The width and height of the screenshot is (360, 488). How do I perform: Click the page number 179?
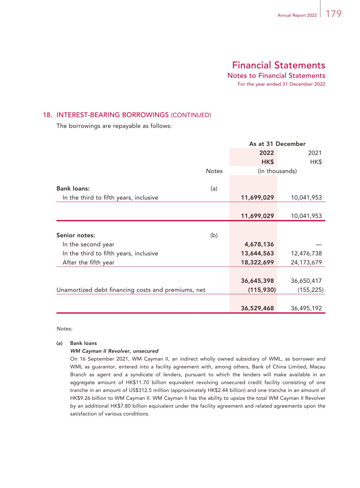click(x=334, y=14)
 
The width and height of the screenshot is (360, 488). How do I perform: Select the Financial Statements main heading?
click(x=278, y=65)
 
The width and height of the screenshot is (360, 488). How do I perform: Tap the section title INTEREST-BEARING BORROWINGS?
click(x=112, y=115)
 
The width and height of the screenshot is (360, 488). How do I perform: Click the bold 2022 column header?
click(x=267, y=153)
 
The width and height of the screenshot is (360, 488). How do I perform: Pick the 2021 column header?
click(x=315, y=153)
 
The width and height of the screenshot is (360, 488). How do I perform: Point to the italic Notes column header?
click(x=214, y=171)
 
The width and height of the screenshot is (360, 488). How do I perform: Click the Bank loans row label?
click(x=73, y=188)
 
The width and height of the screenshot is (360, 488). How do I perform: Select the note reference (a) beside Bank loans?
click(x=214, y=188)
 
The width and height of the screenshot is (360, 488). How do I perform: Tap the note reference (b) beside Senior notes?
click(x=214, y=235)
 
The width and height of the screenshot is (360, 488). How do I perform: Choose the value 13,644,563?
click(x=257, y=253)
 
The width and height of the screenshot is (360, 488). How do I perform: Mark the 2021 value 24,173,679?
click(x=306, y=262)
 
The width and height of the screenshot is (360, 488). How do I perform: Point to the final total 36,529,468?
click(x=257, y=308)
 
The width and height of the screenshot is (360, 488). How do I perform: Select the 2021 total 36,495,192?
click(x=306, y=308)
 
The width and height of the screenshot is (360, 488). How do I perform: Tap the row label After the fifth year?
click(x=88, y=262)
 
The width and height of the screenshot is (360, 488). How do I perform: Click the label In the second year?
click(x=88, y=245)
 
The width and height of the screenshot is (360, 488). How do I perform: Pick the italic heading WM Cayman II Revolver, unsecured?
click(x=114, y=351)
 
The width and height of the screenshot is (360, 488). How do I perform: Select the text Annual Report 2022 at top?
click(x=297, y=15)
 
